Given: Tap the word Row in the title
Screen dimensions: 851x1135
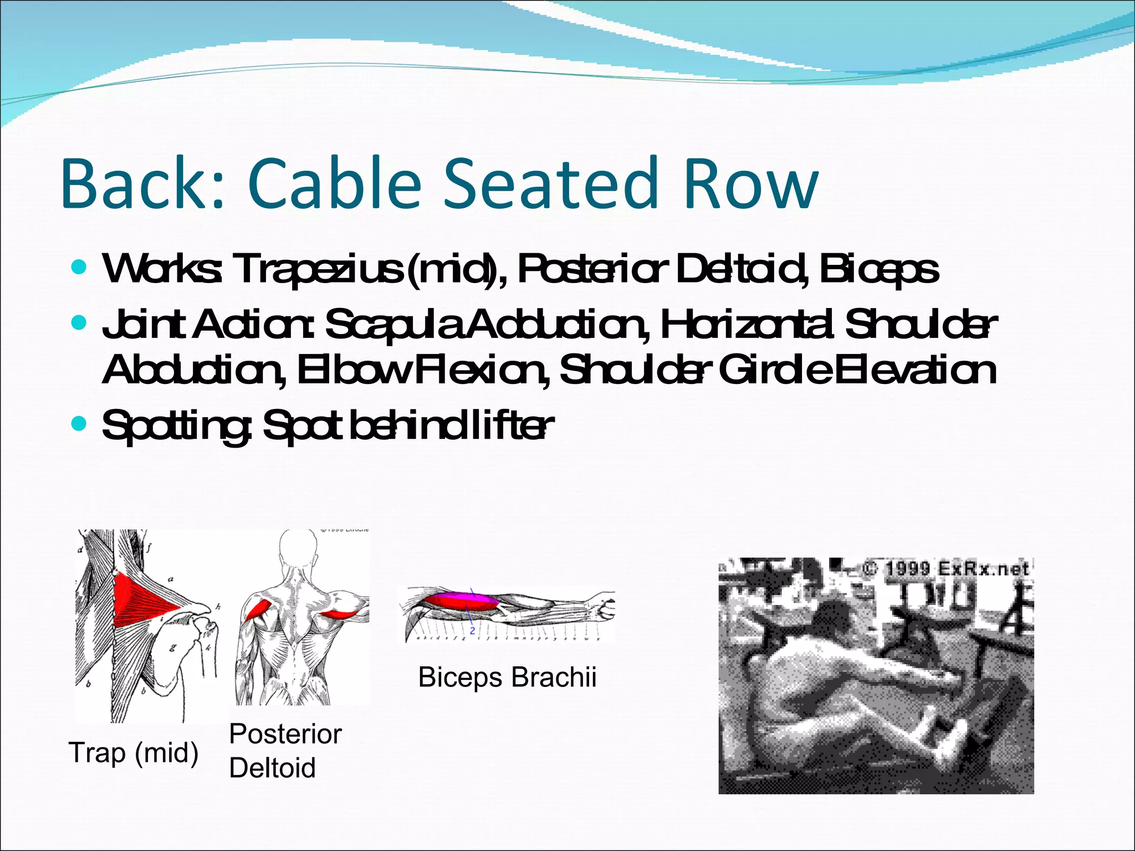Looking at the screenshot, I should [x=750, y=184].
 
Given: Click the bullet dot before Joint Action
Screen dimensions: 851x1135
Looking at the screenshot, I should [x=80, y=323].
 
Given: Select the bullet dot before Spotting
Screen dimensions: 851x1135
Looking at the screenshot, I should [x=80, y=424].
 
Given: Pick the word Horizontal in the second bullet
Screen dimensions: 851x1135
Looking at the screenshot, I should [x=746, y=325].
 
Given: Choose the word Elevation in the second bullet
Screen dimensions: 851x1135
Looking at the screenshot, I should [x=915, y=370].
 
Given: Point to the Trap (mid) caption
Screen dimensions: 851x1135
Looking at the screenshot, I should [x=134, y=753].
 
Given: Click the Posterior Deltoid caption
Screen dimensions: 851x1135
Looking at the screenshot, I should [x=285, y=751].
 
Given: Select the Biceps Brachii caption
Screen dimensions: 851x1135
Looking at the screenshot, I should [x=507, y=677].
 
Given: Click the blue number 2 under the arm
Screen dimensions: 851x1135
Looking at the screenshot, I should [x=472, y=630].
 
